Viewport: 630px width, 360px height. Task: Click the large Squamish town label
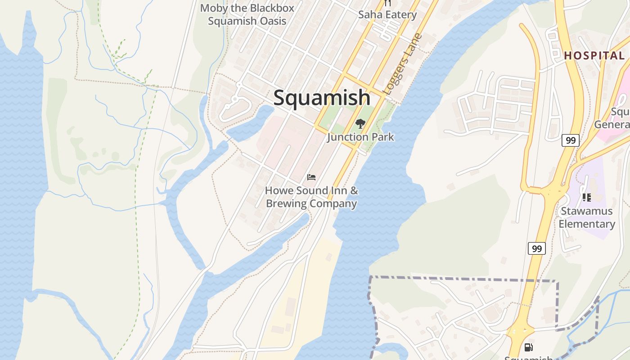322,98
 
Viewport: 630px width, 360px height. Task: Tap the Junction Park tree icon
360,124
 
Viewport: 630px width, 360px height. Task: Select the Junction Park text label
360,137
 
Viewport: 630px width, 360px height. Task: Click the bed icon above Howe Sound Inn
311,177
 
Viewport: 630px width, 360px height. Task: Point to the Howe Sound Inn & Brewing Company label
311,197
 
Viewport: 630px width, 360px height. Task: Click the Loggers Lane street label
403,64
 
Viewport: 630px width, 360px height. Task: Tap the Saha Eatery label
387,14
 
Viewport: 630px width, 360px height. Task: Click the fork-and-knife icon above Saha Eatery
387,3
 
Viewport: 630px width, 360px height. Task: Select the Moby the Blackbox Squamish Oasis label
247,14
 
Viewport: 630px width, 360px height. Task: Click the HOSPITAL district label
594,56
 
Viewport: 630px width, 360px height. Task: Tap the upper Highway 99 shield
570,140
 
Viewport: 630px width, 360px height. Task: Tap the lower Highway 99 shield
536,248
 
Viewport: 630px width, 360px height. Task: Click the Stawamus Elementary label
586,217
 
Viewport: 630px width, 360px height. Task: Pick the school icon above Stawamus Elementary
586,197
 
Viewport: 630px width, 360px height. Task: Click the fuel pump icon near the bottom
529,347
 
